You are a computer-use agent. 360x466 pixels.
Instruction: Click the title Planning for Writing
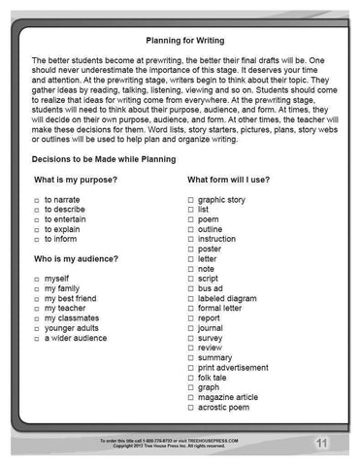pyautogui.click(x=179, y=41)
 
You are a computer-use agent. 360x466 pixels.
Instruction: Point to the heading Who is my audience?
pyautogui.click(x=77, y=259)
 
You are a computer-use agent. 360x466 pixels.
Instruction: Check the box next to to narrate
pyautogui.click(x=36, y=198)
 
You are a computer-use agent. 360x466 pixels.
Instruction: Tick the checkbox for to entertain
pyautogui.click(x=36, y=218)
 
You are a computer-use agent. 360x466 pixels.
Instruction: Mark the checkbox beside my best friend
pyautogui.click(x=36, y=299)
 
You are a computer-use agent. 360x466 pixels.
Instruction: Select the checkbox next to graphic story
pyautogui.click(x=190, y=198)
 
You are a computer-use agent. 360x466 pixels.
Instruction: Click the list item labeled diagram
pyautogui.click(x=228, y=299)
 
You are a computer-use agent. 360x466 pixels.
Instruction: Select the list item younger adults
pyautogui.click(x=74, y=329)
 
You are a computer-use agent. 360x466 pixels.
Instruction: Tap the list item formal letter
pyautogui.click(x=223, y=309)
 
